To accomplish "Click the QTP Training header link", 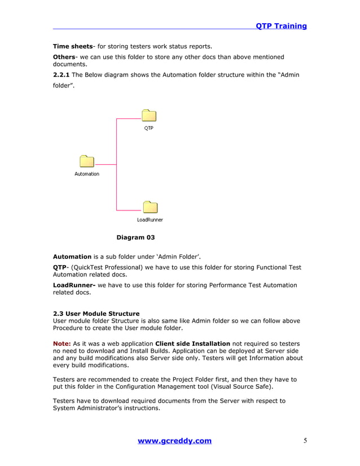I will click(x=281, y=26).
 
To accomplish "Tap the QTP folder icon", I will click(x=148, y=116).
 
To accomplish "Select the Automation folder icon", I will click(x=87, y=161).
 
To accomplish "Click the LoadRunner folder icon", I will click(x=150, y=207).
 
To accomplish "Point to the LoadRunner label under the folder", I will click(x=150, y=219).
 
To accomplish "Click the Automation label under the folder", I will click(x=87, y=174).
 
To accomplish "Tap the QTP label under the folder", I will click(x=148, y=128).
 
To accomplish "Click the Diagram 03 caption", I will click(x=135, y=238).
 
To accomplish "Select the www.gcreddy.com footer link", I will click(x=174, y=441).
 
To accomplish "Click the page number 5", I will click(x=305, y=441).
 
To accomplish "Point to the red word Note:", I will click(x=62, y=344).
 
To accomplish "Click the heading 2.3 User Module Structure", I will click(x=96, y=314).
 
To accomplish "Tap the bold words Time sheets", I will click(x=72, y=46).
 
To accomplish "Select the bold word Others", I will click(x=64, y=57).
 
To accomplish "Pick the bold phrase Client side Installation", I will click(x=192, y=344).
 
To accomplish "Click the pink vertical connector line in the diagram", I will click(x=116, y=164).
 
